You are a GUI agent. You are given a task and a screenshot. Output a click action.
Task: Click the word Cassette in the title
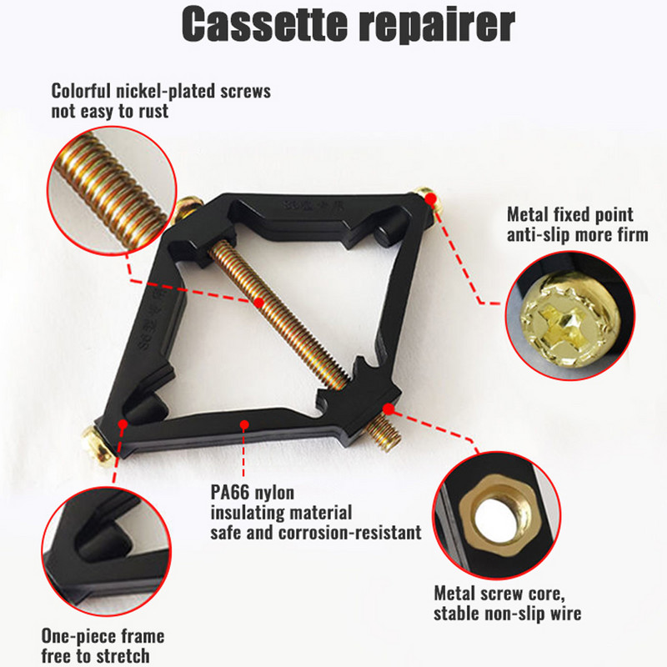(x=264, y=24)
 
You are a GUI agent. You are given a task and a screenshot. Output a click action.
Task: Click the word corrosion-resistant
(x=350, y=533)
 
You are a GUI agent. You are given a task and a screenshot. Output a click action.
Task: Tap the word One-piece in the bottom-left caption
(x=74, y=637)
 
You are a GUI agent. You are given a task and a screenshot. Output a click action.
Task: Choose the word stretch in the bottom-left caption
(x=122, y=656)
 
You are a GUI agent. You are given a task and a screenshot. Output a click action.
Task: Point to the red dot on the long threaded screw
(x=259, y=303)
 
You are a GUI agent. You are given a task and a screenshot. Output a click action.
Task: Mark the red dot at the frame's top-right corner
(x=430, y=198)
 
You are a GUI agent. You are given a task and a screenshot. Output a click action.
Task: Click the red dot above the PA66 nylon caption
(x=244, y=424)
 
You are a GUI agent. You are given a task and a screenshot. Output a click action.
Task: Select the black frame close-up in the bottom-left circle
(x=107, y=551)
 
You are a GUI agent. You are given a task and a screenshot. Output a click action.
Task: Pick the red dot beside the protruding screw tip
(x=388, y=409)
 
